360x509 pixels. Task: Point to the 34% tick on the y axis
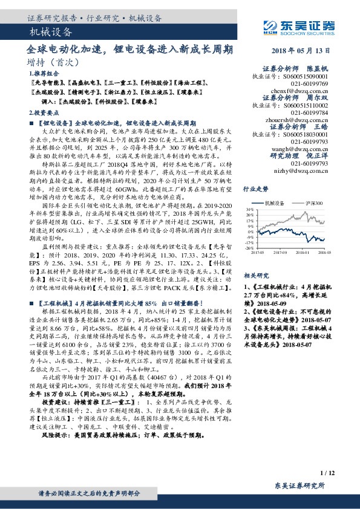click(249, 209)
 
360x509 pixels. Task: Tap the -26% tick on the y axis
click(249, 248)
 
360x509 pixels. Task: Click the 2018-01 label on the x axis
click(303, 254)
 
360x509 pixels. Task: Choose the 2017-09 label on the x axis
click(283, 254)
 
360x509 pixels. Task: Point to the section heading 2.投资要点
click(42, 113)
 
